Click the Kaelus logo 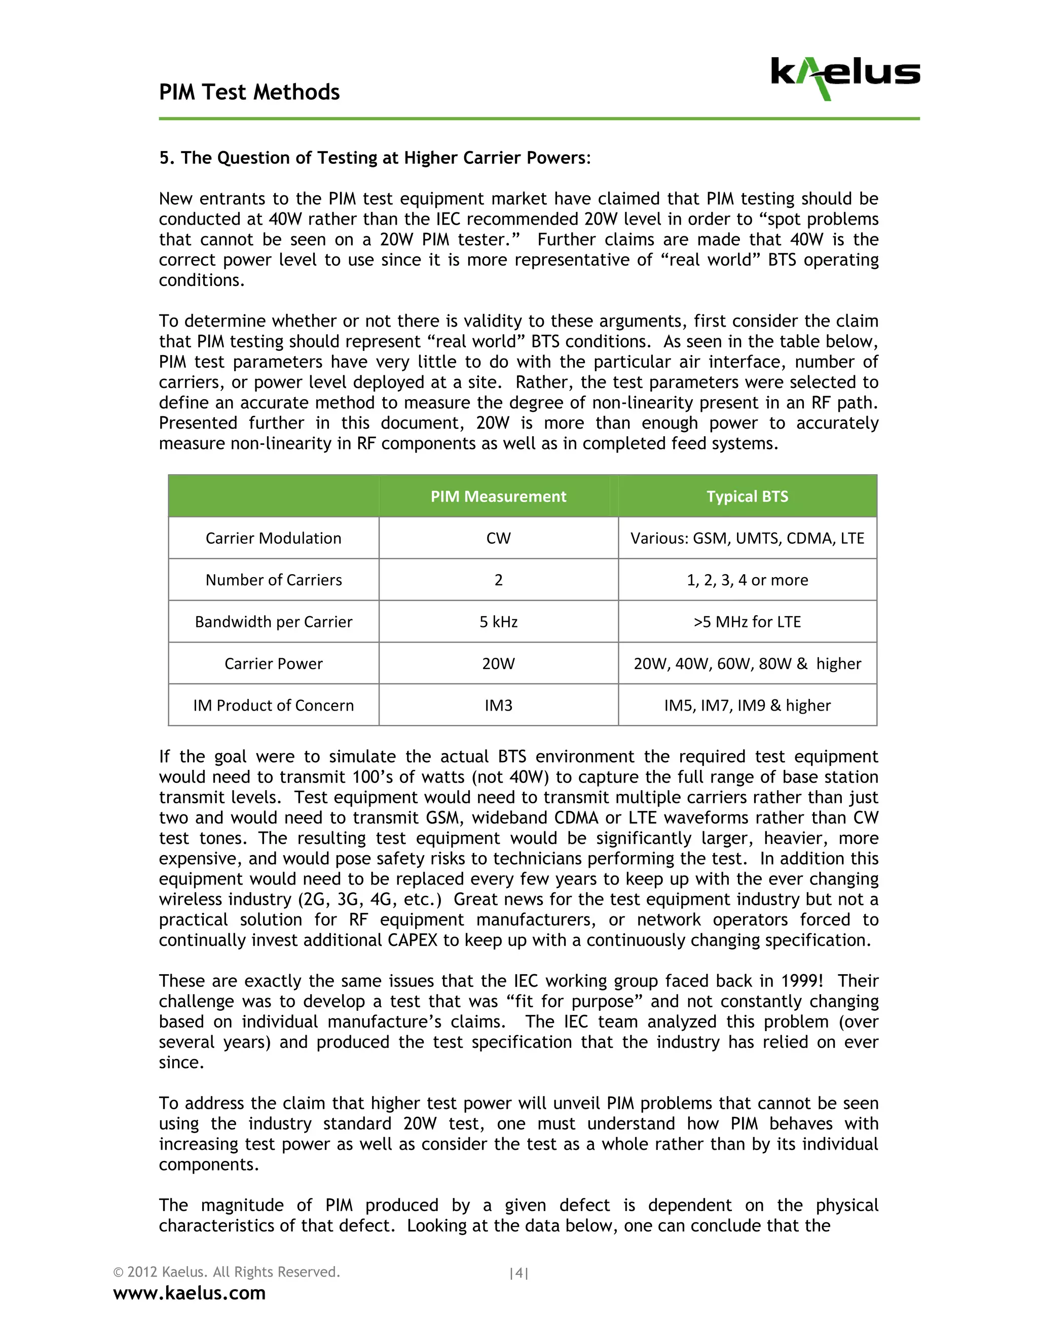[845, 78]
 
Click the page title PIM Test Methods [249, 92]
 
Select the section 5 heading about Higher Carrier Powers [375, 158]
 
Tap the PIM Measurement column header [498, 497]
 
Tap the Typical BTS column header [747, 497]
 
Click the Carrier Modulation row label [273, 539]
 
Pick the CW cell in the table [498, 539]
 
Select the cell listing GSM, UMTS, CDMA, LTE [747, 539]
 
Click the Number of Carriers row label [273, 580]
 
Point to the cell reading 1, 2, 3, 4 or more [747, 580]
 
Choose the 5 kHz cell [498, 622]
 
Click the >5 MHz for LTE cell [747, 622]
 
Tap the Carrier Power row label [273, 664]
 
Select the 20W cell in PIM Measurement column [498, 664]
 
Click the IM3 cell [498, 706]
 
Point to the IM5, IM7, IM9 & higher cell [747, 706]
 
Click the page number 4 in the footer [519, 1273]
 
